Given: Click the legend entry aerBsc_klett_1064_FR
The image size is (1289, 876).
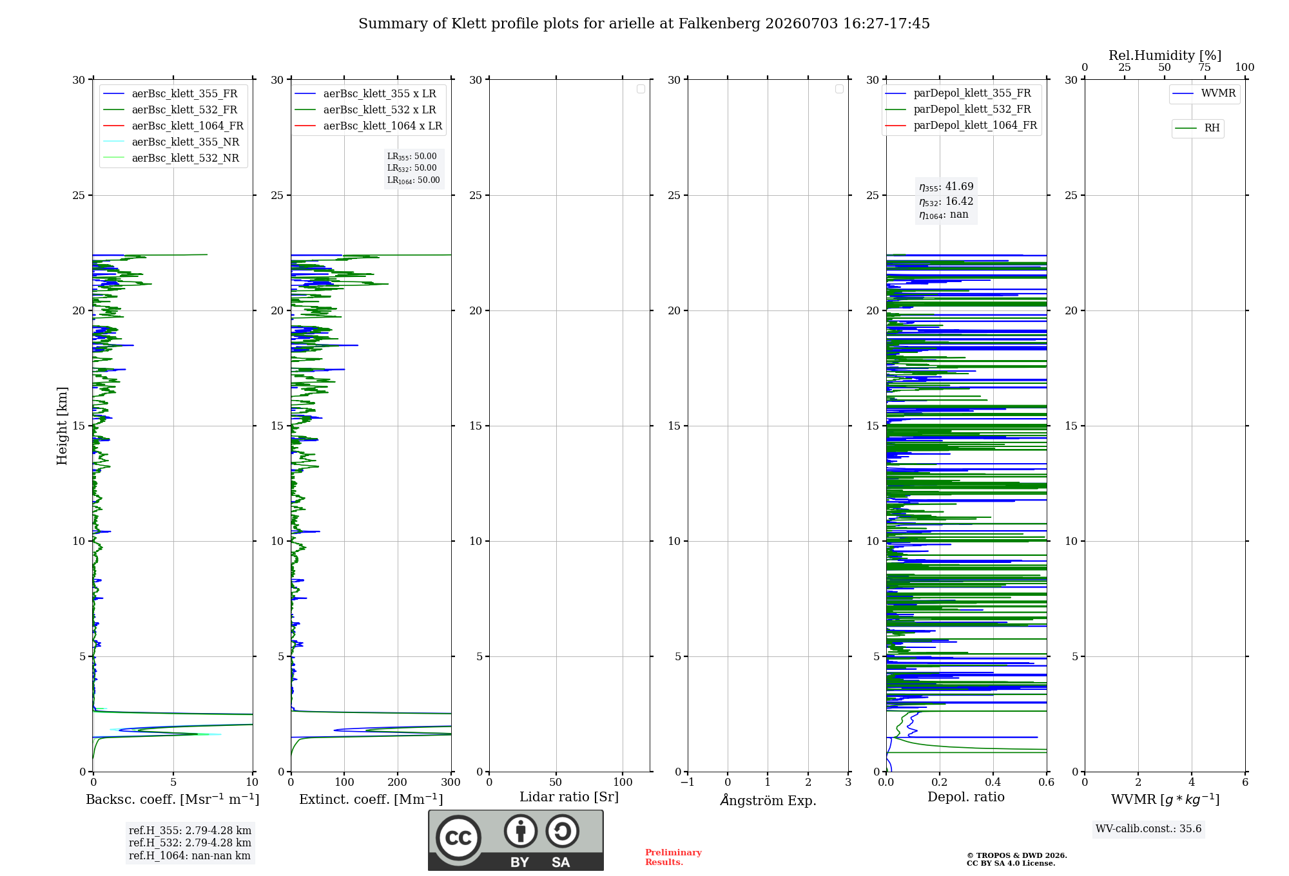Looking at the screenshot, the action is (173, 126).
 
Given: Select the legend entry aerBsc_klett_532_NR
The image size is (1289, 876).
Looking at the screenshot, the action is (171, 158).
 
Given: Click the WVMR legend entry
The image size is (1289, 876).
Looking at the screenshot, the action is (1205, 93).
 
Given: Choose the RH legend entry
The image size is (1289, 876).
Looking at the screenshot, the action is (1197, 128).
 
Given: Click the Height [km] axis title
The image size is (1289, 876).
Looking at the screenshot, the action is (62, 426).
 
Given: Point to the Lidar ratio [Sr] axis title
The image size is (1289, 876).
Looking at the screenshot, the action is (569, 797).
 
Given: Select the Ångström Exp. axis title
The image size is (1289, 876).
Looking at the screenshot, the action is (768, 800).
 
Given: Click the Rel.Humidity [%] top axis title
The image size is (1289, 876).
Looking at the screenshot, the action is (1165, 55).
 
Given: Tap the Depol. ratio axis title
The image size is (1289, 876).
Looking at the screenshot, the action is (966, 797).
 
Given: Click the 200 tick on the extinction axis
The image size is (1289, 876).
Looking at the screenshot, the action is (398, 783).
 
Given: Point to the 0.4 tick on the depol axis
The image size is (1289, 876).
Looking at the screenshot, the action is (993, 783).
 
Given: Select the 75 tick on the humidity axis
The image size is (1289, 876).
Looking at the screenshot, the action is (1205, 68).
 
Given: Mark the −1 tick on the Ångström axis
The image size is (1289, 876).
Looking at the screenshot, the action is (688, 783).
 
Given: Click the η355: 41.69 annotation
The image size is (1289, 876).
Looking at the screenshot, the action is (946, 187).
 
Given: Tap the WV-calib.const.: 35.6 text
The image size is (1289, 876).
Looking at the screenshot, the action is (1148, 829).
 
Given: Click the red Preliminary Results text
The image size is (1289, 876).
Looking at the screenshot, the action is (674, 857).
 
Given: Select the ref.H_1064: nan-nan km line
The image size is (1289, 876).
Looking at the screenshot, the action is (189, 856).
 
